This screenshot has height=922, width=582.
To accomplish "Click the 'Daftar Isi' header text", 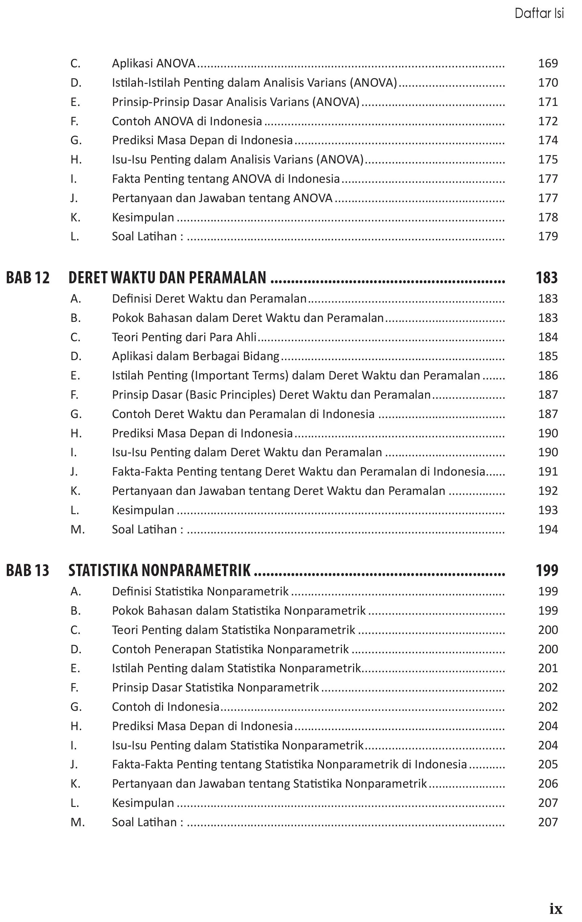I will coord(539,14).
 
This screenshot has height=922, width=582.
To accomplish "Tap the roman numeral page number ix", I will coord(556,908).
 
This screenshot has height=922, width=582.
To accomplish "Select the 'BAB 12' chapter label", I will coord(28,278).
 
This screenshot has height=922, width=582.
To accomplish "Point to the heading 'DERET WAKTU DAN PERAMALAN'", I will coord(167,278).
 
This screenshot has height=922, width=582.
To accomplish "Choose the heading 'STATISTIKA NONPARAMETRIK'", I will coord(160,570).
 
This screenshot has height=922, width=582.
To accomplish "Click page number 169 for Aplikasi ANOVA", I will coord(548,63).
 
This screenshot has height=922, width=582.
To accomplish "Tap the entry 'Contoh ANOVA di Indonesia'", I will coord(187,121).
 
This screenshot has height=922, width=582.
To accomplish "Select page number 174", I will coord(548,140).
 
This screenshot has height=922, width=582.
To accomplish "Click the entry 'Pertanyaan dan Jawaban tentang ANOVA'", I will coord(222,198).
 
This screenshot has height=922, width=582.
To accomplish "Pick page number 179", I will coord(548,236).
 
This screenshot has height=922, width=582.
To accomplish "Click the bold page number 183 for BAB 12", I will coord(547,278).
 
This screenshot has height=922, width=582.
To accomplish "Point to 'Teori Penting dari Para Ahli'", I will coord(184,337).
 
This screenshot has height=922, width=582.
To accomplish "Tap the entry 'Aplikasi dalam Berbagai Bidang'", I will coord(195,356).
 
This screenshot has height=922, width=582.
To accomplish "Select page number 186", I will coord(548,375).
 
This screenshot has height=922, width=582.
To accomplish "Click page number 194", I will coord(548,529).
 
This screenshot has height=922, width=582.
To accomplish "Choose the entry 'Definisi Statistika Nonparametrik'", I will coord(200,591).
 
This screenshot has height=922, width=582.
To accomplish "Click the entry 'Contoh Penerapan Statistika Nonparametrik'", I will coord(230,649).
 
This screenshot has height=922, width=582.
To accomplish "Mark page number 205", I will coord(548,764).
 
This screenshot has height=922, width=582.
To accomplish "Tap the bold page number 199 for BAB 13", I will coord(547,570).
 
